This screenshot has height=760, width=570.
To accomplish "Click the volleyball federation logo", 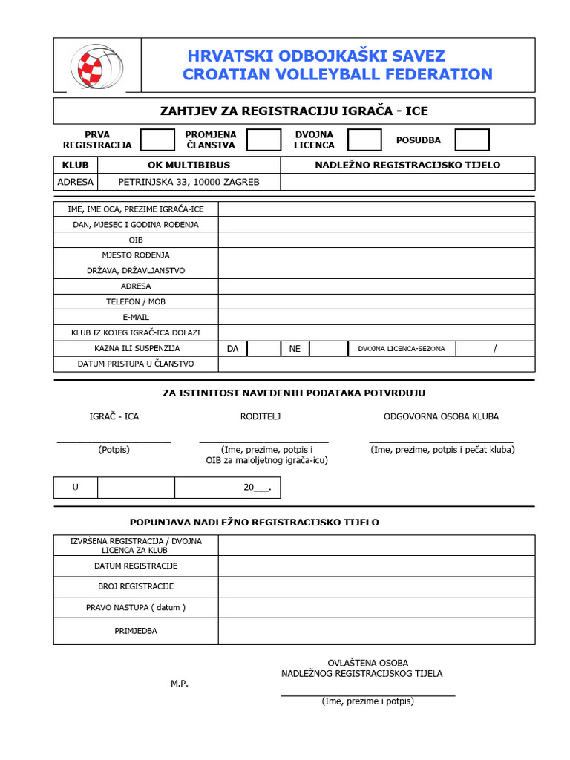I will coord(96,65).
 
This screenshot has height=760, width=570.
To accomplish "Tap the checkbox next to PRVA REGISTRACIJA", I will coord(157,140).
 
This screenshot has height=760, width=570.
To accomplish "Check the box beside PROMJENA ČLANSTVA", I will coord(263,140).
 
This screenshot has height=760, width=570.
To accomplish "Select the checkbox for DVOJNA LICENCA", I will coord(364,140).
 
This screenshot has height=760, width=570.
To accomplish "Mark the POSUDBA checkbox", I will coord(472,140).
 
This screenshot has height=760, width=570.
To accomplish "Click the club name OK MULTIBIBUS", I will coord(189,165).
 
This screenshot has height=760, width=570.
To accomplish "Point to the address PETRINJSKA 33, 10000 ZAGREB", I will coord(189,182).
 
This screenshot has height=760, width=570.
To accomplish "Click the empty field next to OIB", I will coord(376,240).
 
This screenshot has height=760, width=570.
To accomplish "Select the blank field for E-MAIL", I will coord(376,317).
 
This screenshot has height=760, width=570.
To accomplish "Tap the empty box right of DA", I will coord(263,348).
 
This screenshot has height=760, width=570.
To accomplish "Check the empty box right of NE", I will coord(328,348).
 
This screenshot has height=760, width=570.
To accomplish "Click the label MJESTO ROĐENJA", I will coord(136,255).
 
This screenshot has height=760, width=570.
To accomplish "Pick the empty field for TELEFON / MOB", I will coord(376,301).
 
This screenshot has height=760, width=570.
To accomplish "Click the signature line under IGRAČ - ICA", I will coord(114,441).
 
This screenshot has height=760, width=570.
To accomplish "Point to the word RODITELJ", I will coord(261,416).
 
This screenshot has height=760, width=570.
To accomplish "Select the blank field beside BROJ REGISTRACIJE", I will coord(376,586).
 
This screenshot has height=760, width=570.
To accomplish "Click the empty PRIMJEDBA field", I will coord(376,631).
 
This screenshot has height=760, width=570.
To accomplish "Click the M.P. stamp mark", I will coord(180,684).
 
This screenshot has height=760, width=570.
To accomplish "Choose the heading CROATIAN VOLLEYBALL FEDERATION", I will coord(338,74).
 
